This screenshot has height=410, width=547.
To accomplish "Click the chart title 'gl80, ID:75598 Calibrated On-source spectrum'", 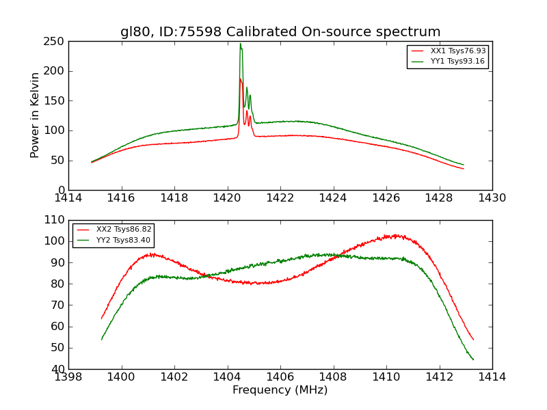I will coord(280,32).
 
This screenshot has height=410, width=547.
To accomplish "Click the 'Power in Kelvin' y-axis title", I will coord(36,115).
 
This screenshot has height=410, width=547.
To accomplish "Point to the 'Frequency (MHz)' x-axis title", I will coord(280,390).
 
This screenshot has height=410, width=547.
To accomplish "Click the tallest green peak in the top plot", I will coord(240,44).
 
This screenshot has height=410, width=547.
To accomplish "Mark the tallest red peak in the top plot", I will coord(240,79).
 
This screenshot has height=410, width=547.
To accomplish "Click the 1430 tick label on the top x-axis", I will coord(492,197).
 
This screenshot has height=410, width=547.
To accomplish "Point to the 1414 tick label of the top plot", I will coord(69,197).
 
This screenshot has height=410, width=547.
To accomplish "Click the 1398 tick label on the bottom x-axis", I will coord(69,377).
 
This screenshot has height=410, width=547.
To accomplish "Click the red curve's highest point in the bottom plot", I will coord(395,235).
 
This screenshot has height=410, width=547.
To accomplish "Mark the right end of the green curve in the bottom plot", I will coord(473,359).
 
